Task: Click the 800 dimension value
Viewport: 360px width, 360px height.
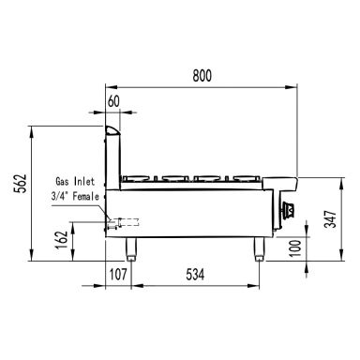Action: click(x=202, y=76)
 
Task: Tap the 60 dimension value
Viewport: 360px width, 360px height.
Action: click(x=113, y=101)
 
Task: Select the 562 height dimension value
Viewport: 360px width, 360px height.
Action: click(x=22, y=184)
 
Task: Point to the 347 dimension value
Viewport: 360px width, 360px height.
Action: click(x=330, y=218)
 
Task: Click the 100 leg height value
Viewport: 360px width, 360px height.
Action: click(x=295, y=248)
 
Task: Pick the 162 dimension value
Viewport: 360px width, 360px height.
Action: click(x=62, y=240)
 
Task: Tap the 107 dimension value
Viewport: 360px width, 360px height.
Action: click(x=118, y=275)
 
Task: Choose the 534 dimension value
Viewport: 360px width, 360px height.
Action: click(x=195, y=275)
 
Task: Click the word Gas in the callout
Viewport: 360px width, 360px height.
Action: click(x=62, y=181)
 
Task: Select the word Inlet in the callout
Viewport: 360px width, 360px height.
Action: click(x=84, y=181)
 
